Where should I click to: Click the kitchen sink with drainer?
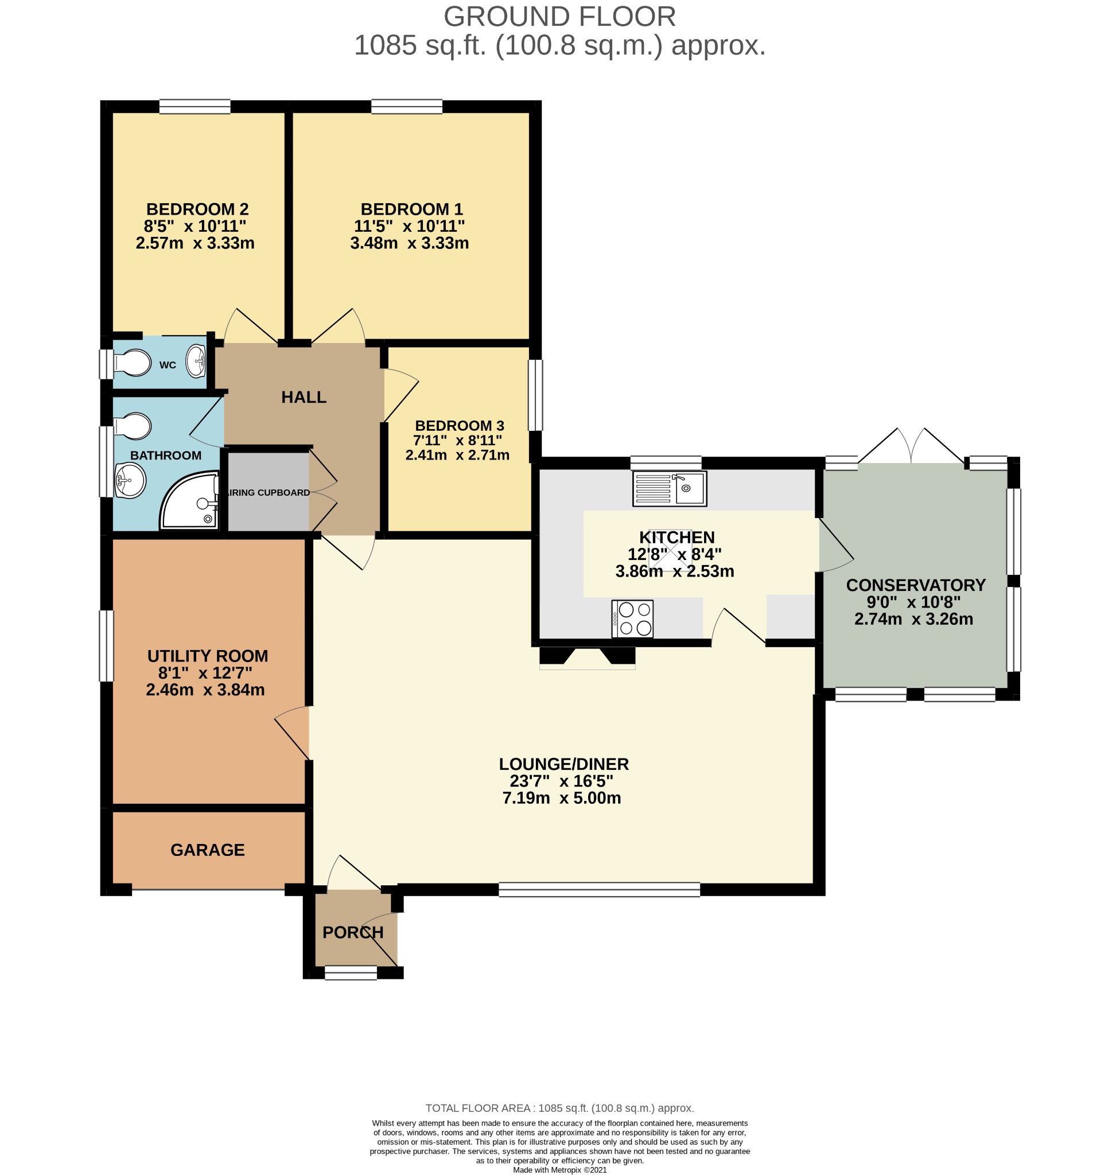[669, 488]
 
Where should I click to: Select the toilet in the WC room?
[133, 363]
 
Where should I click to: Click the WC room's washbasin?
[196, 361]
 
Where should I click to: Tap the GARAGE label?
[207, 850]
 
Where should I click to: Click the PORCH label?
[353, 932]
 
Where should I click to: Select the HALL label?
[304, 397]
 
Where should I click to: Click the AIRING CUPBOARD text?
[268, 493]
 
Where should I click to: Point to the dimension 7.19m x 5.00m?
[561, 797]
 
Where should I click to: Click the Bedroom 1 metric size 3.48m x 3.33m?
[409, 243]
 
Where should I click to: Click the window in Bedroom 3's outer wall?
[535, 395]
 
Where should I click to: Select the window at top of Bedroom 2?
[195, 107]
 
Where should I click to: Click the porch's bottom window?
[351, 972]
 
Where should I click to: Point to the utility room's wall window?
[106, 645]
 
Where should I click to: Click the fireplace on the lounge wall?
[587, 657]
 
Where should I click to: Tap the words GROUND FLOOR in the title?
[559, 17]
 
